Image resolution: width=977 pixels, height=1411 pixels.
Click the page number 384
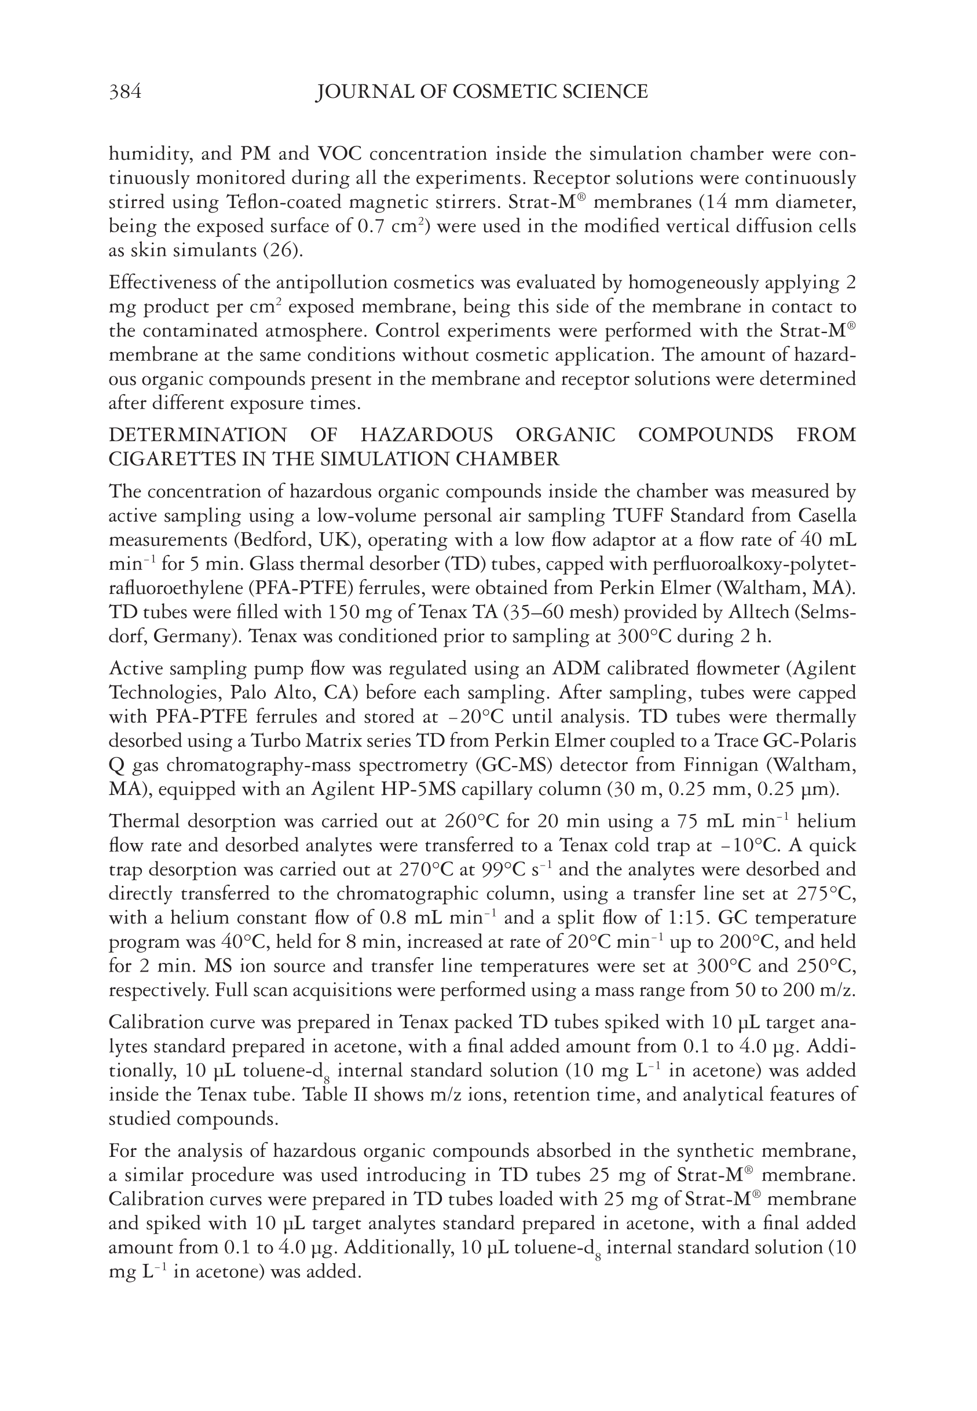tap(125, 92)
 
